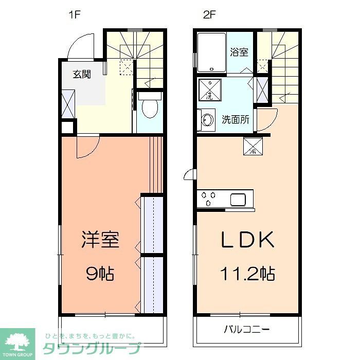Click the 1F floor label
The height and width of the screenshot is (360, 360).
[x=75, y=15]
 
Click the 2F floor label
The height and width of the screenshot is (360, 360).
[x=208, y=15]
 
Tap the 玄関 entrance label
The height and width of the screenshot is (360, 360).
[x=81, y=74]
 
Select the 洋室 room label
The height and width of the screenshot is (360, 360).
[x=100, y=240]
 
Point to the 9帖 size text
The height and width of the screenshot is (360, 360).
[x=100, y=273]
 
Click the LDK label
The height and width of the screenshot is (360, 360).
[x=246, y=240]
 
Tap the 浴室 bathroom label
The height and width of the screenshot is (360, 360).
[x=239, y=52]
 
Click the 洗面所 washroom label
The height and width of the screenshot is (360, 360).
[x=236, y=120]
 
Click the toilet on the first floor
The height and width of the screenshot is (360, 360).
[x=150, y=107]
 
